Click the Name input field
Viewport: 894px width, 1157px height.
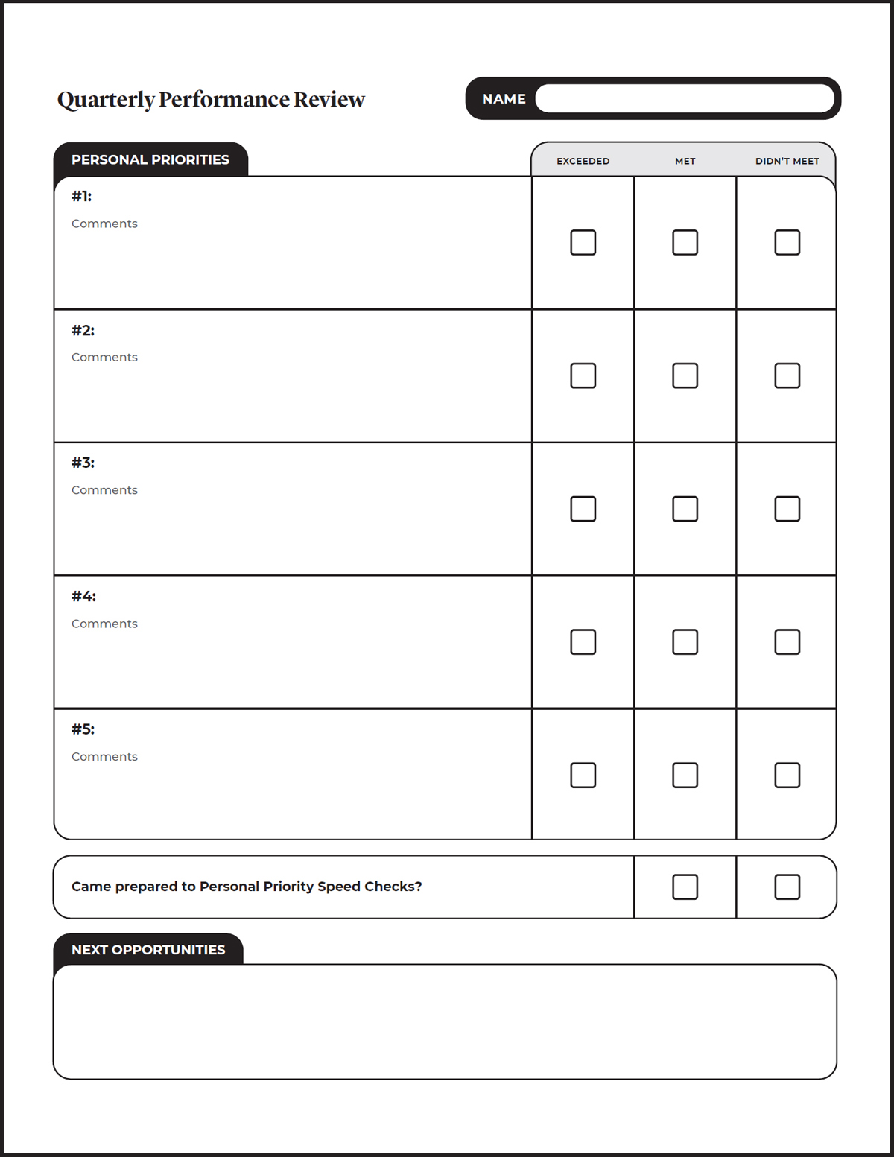[684, 98]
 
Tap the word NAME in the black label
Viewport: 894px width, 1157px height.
[504, 99]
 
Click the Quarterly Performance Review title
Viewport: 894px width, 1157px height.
[211, 100]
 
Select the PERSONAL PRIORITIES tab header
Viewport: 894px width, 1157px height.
[150, 159]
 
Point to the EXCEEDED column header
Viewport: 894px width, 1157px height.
[583, 161]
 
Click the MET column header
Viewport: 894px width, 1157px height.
[685, 161]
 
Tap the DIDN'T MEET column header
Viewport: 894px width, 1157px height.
[787, 161]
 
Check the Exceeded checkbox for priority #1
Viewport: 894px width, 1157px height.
[583, 242]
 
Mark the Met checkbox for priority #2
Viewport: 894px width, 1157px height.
[685, 375]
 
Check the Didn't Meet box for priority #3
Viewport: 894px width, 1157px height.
[787, 509]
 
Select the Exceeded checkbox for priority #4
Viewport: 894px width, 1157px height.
[583, 641]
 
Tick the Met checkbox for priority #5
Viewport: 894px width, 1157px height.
[685, 775]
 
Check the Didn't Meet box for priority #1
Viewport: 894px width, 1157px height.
[787, 242]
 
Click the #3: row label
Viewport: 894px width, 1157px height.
[83, 463]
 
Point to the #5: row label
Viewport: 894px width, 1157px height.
[83, 729]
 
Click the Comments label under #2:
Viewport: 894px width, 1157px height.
[104, 357]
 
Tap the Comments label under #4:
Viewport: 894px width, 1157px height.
[104, 624]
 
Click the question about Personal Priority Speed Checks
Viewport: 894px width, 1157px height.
[247, 887]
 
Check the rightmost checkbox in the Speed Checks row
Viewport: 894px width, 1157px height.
[787, 887]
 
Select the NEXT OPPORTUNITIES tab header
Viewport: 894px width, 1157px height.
[148, 950]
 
